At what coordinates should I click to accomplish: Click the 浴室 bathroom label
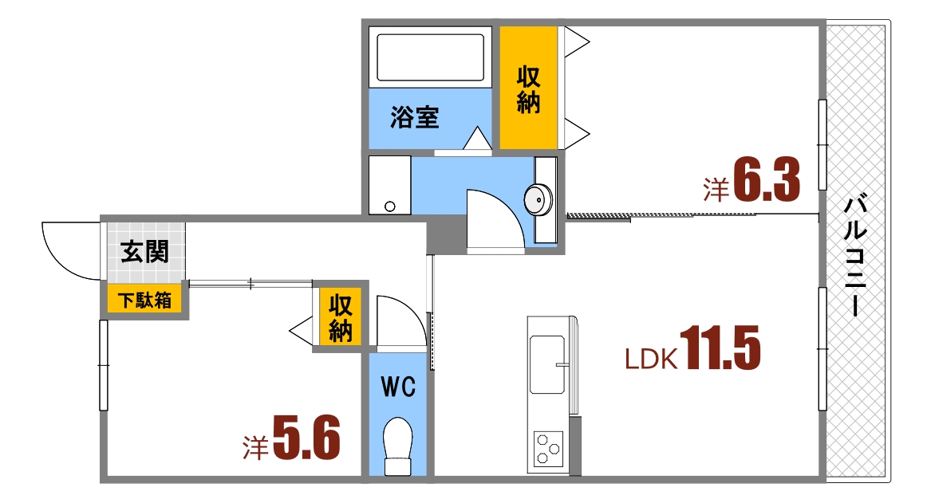(x=414, y=119)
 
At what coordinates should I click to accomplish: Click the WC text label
(x=398, y=387)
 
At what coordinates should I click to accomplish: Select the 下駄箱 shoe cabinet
(x=144, y=301)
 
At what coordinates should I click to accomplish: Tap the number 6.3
(x=766, y=183)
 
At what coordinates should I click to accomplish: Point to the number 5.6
(x=306, y=438)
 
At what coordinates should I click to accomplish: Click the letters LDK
(x=651, y=360)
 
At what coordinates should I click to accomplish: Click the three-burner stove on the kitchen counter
(x=548, y=448)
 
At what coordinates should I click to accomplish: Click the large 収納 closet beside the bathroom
(x=528, y=88)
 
